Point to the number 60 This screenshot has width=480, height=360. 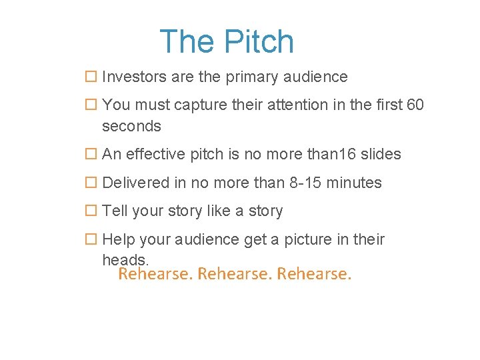[x=414, y=105]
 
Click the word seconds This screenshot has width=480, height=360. [x=131, y=126]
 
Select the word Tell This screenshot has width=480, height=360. [x=115, y=211]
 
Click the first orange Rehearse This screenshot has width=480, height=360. [x=154, y=274]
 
